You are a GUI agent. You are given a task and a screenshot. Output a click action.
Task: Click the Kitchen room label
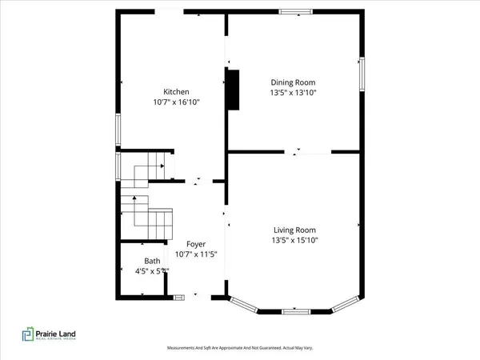[x=176, y=91]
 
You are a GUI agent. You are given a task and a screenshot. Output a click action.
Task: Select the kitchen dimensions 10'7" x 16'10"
[x=176, y=102]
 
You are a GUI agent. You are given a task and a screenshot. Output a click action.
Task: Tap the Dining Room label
[x=293, y=82]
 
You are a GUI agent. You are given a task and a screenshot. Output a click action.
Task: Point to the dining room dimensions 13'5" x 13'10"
[x=293, y=93]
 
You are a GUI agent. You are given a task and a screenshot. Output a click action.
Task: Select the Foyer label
[x=196, y=244]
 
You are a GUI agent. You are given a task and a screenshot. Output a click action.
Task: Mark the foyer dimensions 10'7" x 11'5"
[x=196, y=255]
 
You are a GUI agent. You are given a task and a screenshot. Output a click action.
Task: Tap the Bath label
[x=152, y=261]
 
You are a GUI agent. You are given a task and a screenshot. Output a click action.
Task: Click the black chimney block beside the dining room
[x=233, y=89]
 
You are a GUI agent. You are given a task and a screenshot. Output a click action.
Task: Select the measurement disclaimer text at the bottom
[x=240, y=349]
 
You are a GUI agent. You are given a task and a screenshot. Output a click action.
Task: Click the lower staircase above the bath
[x=147, y=218]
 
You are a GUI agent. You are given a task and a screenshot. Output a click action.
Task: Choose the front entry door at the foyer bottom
[x=181, y=298]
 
